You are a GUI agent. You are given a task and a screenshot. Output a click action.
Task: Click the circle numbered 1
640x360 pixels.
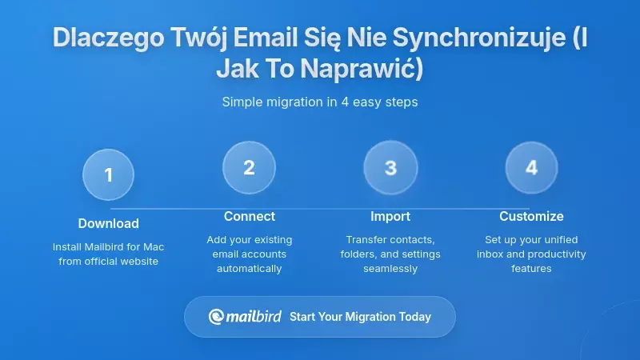pyautogui.click(x=108, y=174)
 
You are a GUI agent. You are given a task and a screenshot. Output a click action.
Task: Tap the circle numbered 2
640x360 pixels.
pyautogui.click(x=249, y=168)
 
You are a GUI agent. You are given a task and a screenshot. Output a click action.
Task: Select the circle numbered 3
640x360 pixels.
pyautogui.click(x=390, y=168)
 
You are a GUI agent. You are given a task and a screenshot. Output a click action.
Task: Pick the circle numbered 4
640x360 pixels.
pyautogui.click(x=531, y=168)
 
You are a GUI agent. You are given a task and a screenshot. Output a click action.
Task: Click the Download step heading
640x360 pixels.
pyautogui.click(x=108, y=223)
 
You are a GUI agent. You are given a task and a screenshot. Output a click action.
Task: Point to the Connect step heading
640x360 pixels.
pyautogui.click(x=249, y=216)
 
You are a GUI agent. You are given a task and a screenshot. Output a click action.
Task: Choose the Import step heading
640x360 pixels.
pyautogui.click(x=390, y=216)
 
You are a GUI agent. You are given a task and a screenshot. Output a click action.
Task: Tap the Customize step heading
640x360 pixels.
pyautogui.click(x=531, y=216)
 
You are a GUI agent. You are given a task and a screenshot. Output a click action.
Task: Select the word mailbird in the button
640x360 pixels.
pyautogui.click(x=254, y=317)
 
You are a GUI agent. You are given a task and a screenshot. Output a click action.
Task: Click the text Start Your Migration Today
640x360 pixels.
pyautogui.click(x=360, y=317)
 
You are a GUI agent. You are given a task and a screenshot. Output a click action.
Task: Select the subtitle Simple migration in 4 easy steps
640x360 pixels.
pyautogui.click(x=320, y=102)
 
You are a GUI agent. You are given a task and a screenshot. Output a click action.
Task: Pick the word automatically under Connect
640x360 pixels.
pyautogui.click(x=249, y=269)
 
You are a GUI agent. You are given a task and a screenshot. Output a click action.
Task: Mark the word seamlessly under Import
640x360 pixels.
pyautogui.click(x=390, y=269)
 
